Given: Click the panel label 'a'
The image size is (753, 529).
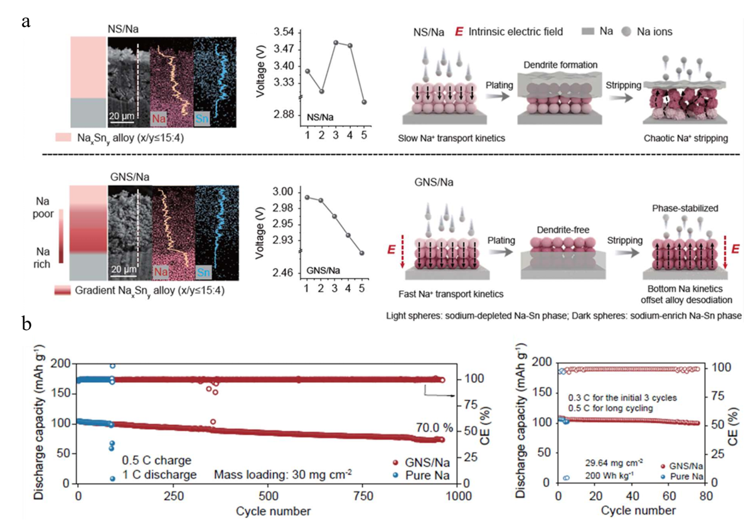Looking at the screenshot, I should click(26, 22).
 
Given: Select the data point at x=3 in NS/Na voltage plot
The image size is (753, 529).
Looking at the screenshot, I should click(336, 43).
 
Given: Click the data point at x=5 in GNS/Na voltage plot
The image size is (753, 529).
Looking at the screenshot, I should click(362, 253).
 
